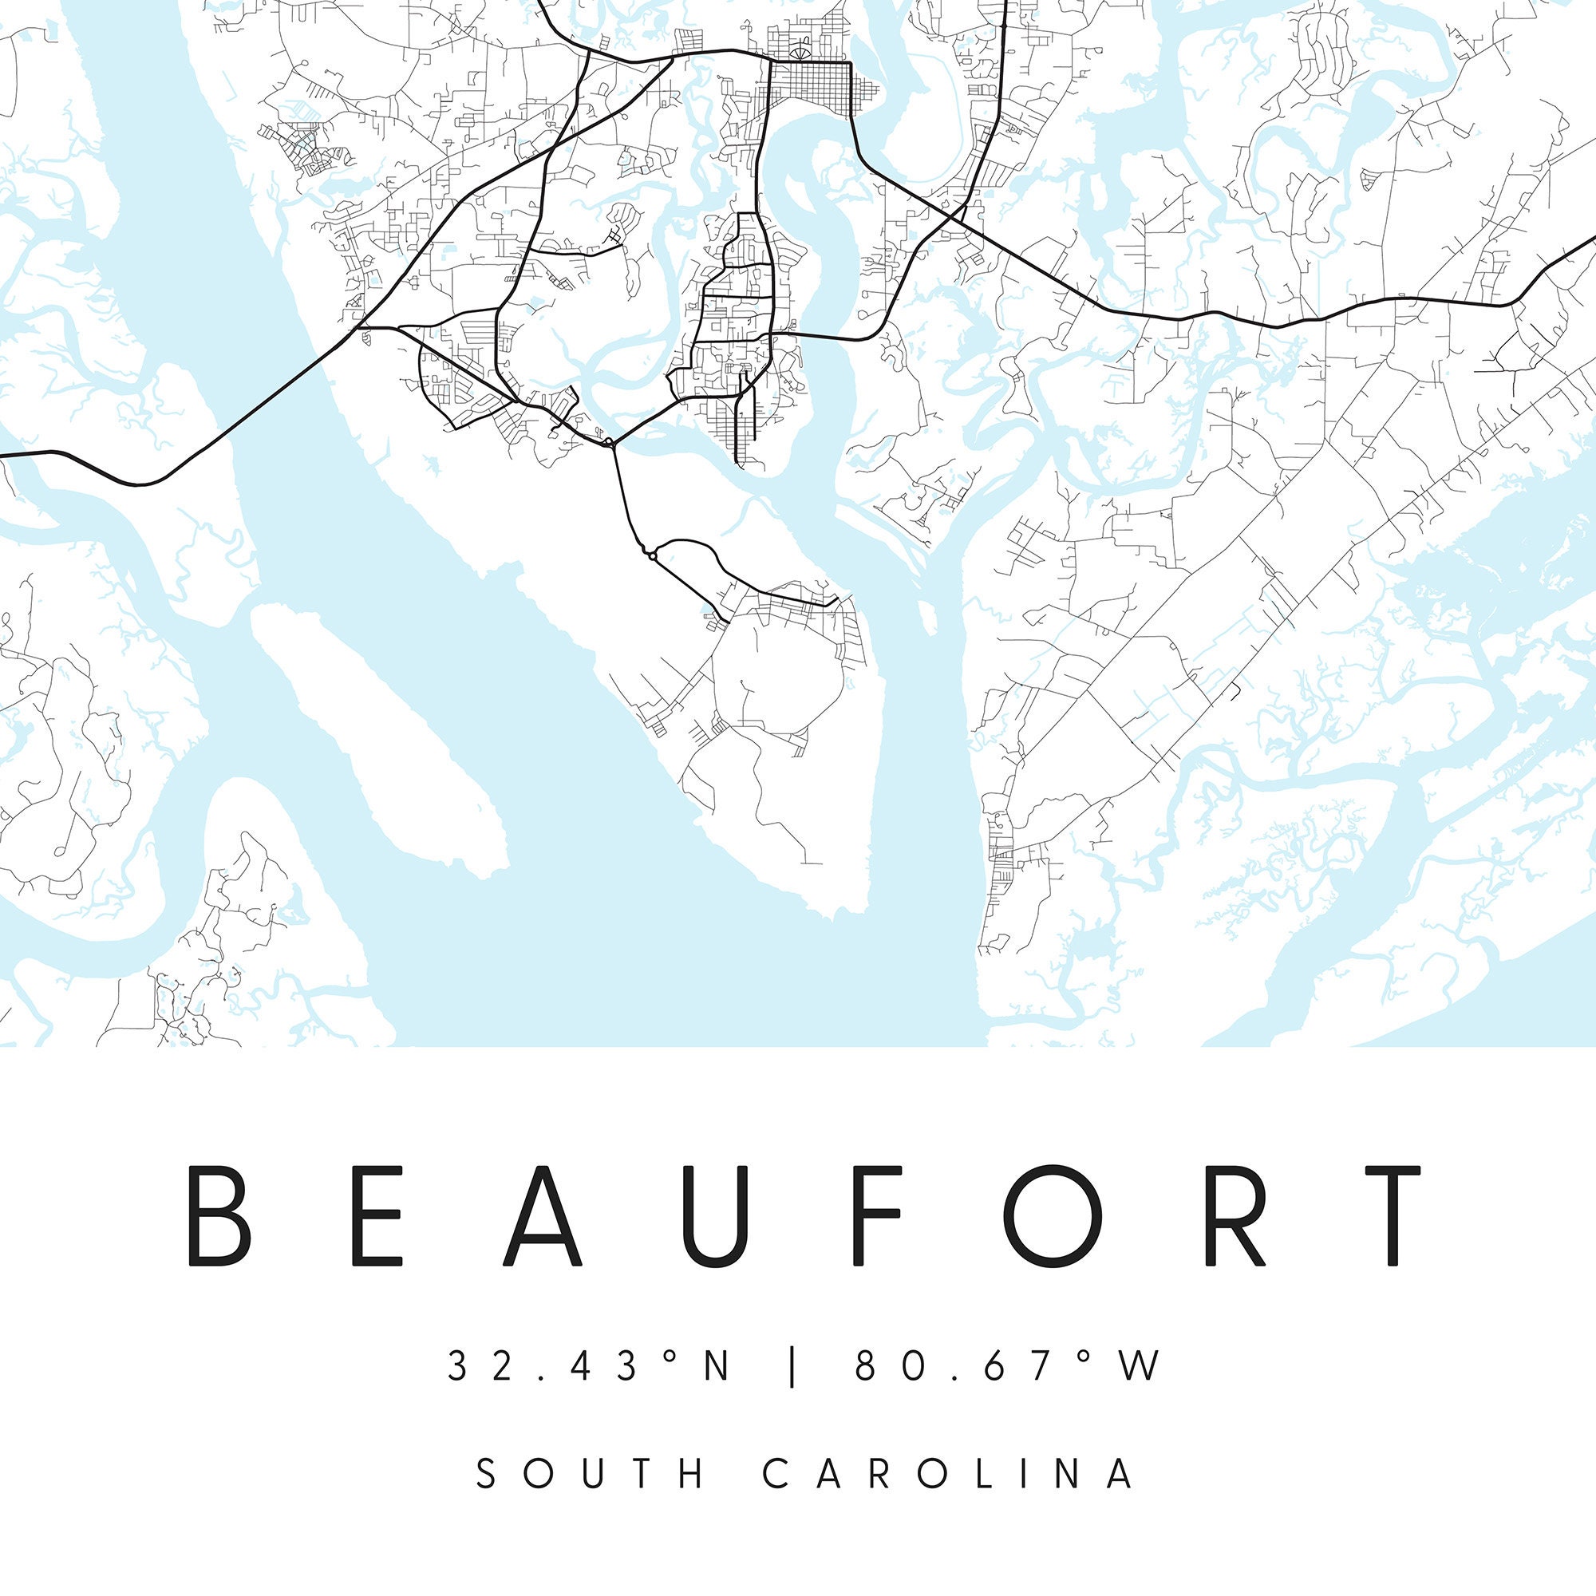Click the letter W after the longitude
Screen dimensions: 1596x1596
click(x=1140, y=1365)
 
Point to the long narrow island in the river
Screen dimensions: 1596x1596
click(x=376, y=727)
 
